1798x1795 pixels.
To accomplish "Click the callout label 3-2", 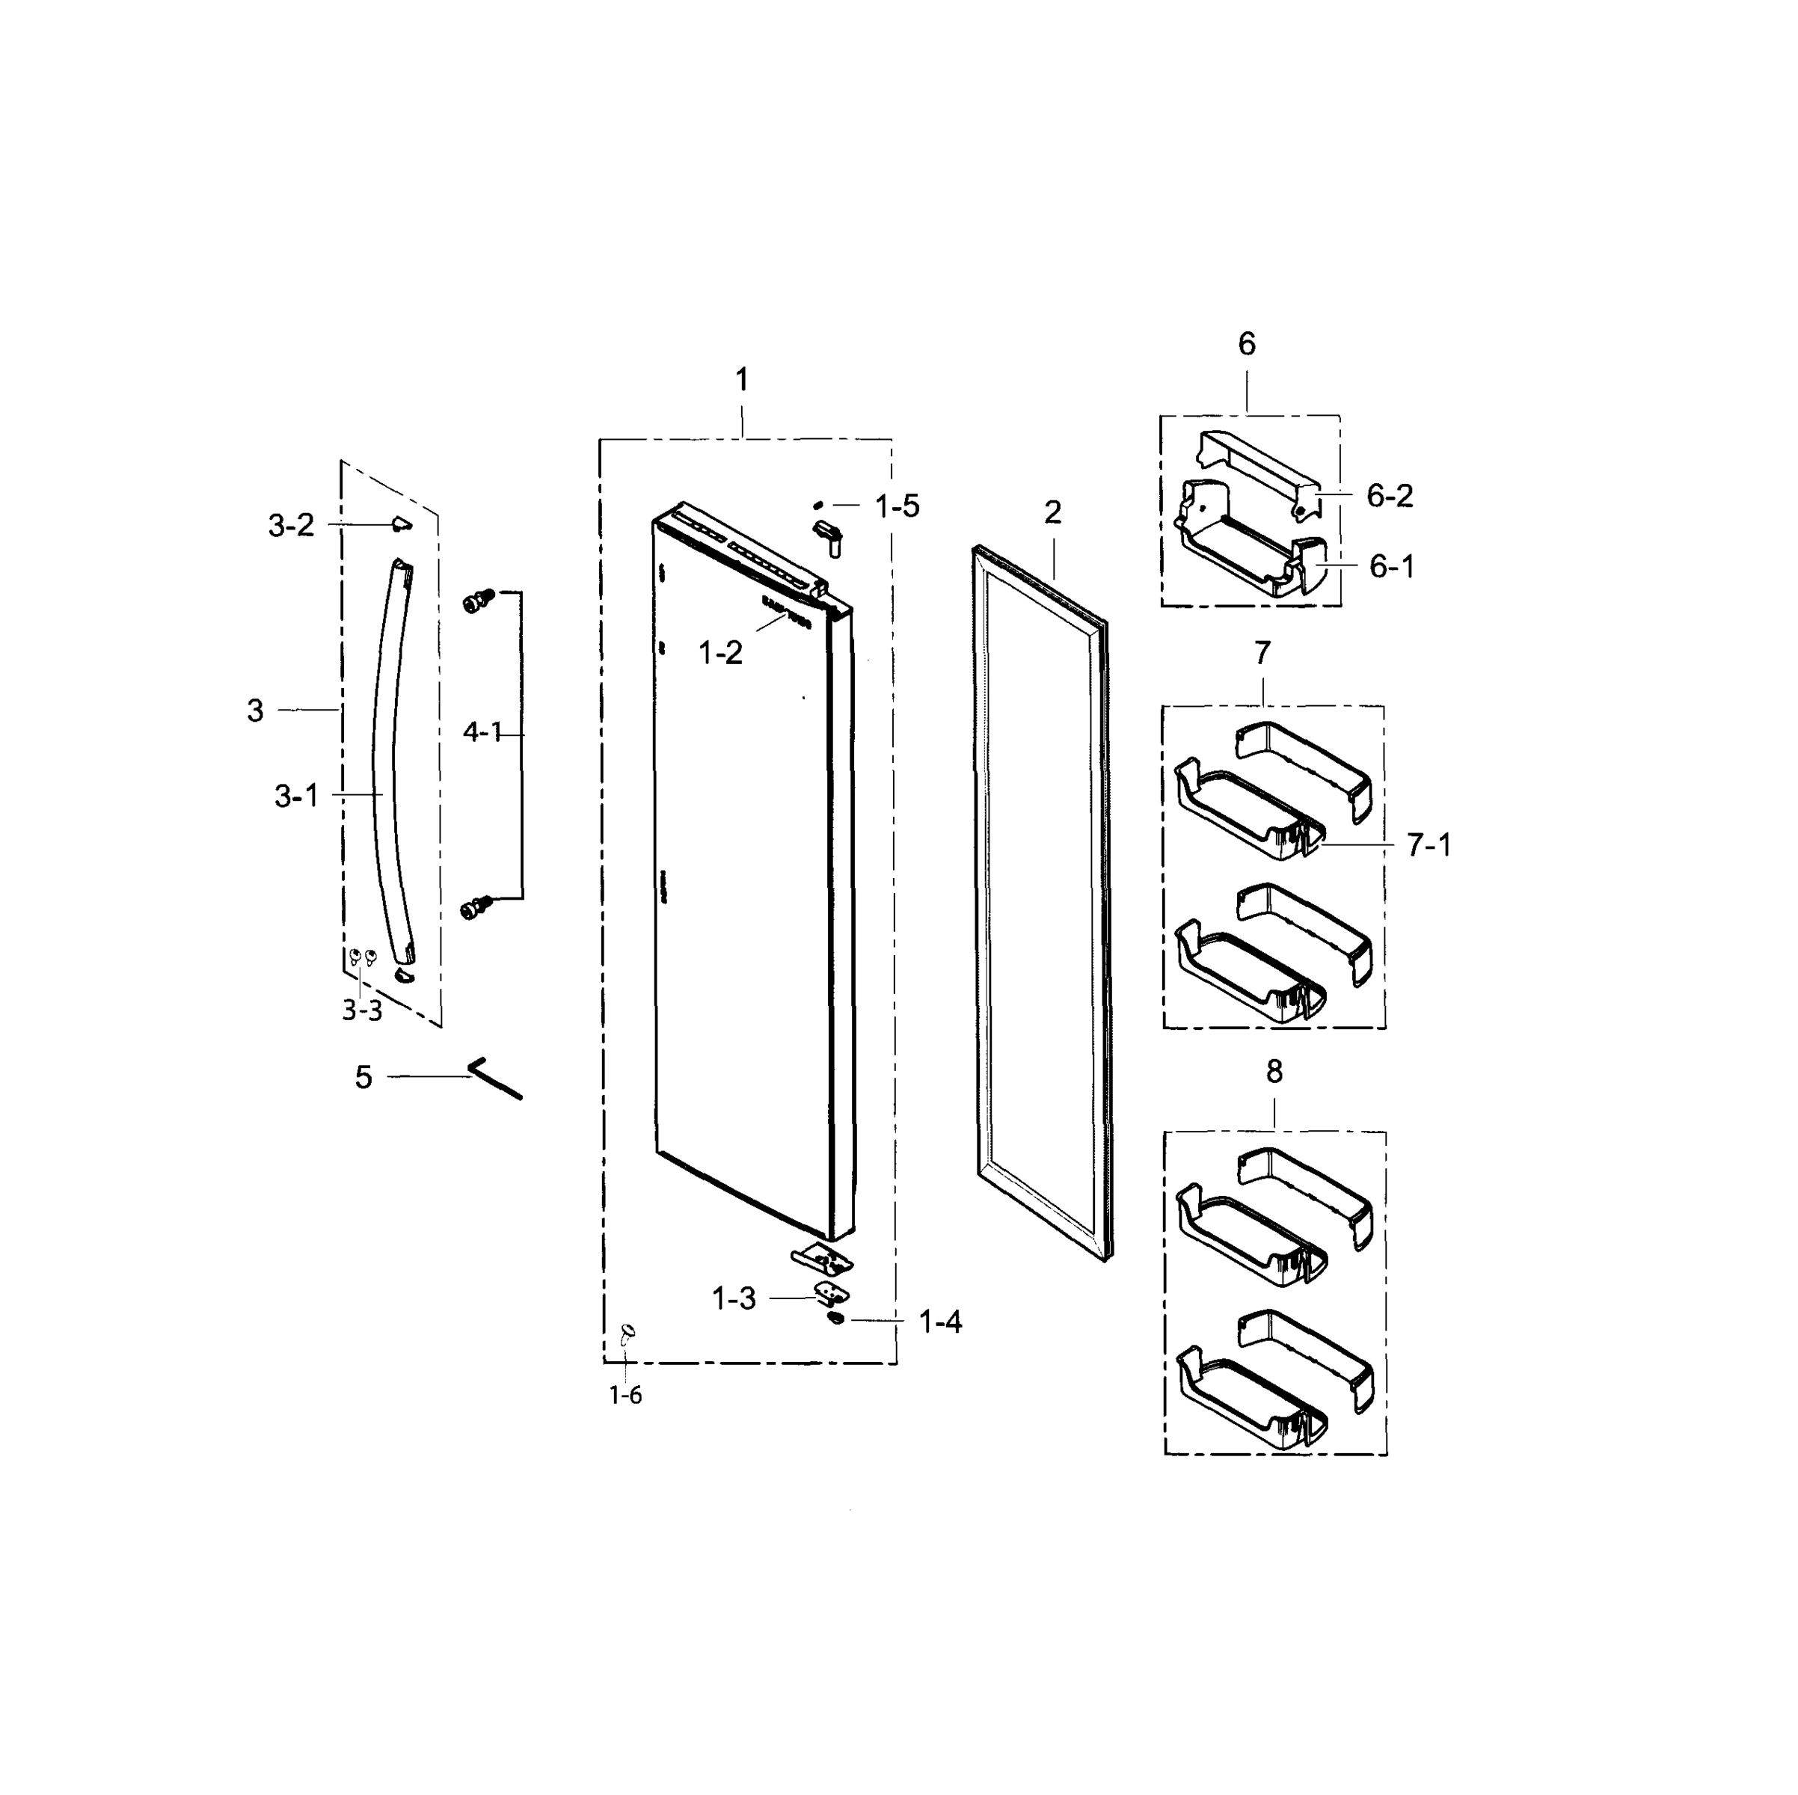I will [x=291, y=527].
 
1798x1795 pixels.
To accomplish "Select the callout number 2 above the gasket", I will [x=1052, y=513].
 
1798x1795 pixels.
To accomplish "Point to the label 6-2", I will [x=1390, y=496].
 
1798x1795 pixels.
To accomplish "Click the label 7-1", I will [x=1429, y=846].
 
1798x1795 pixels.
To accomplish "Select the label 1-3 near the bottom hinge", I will [x=734, y=1299].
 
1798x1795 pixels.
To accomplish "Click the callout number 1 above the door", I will [x=742, y=380].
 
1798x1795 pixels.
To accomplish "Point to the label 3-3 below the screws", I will [x=361, y=1011].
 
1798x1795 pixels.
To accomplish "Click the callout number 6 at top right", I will [x=1246, y=346].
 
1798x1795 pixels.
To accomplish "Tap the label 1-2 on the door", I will [x=720, y=653].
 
